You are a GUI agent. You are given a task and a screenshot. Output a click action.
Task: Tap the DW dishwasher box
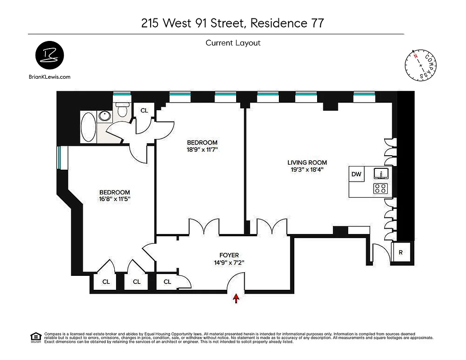pyautogui.click(x=356, y=174)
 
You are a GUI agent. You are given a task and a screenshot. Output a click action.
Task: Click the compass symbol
pyautogui.click(x=422, y=64)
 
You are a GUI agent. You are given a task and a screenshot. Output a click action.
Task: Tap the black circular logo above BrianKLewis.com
pyautogui.click(x=49, y=56)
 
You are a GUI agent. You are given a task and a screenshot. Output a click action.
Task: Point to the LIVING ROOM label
pyautogui.click(x=307, y=162)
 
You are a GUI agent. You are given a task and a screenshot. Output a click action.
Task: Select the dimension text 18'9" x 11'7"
pyautogui.click(x=202, y=150)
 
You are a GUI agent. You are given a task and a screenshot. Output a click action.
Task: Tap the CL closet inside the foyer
pyautogui.click(x=167, y=282)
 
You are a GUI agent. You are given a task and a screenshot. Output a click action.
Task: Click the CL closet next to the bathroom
pyautogui.click(x=144, y=110)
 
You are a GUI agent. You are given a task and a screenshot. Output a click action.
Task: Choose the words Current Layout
pyautogui.click(x=233, y=43)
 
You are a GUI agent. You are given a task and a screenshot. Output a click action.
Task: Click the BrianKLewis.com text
pyautogui.click(x=49, y=77)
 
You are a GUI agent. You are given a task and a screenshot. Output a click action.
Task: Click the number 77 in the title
pyautogui.click(x=315, y=23)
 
